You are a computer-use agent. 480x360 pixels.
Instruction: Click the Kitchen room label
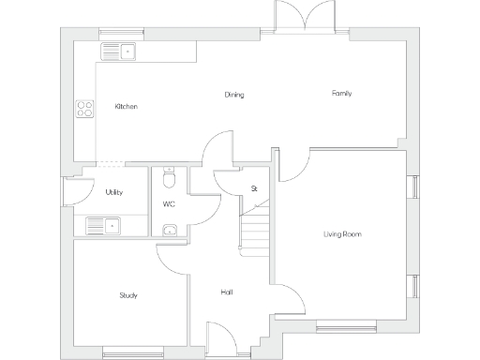126,107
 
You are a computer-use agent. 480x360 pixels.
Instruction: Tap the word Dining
234,95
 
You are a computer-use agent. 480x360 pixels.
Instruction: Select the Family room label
341,93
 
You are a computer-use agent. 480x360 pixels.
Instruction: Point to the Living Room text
342,233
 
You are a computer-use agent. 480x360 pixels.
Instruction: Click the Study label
128,295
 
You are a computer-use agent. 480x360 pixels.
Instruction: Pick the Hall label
226,292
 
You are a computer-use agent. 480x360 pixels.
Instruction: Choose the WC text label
169,203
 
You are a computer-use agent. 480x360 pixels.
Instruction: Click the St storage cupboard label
253,188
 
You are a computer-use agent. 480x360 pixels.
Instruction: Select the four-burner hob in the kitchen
84,108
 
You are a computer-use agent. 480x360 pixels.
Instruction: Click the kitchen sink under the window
118,51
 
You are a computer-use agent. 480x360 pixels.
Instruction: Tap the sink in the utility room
102,225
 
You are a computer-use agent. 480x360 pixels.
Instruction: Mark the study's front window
127,352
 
